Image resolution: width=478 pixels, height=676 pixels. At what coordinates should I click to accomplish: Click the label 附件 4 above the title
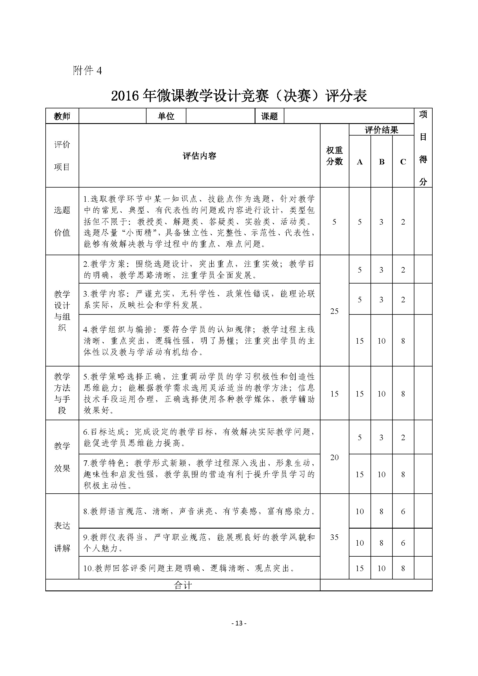click(x=87, y=71)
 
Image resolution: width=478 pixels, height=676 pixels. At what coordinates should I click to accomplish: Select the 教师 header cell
click(x=62, y=116)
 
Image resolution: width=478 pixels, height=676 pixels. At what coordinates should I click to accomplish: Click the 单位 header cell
click(x=166, y=116)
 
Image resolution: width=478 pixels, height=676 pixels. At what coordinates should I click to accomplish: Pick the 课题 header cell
click(x=269, y=116)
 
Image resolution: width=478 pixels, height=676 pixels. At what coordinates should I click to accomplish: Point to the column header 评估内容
click(x=199, y=156)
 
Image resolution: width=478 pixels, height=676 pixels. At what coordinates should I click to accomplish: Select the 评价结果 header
click(x=381, y=130)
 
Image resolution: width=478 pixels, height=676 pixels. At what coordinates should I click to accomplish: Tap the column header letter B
click(x=381, y=162)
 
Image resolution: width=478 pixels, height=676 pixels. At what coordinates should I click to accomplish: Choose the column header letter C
click(x=403, y=162)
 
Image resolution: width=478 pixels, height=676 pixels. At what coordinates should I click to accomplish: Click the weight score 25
click(x=334, y=311)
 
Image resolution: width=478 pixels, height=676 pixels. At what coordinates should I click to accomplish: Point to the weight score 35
click(x=334, y=537)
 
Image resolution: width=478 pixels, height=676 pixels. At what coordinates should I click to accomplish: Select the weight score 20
click(x=334, y=457)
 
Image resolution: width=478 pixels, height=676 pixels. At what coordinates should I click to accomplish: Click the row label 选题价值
click(x=62, y=221)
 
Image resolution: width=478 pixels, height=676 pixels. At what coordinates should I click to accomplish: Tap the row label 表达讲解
click(x=62, y=537)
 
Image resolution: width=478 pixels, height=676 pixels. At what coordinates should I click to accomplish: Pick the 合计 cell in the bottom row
click(x=183, y=585)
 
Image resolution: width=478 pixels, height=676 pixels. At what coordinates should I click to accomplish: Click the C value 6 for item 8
click(x=403, y=512)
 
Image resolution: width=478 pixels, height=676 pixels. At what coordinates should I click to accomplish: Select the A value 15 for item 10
click(x=360, y=568)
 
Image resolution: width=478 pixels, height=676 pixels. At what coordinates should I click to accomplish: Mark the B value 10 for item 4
click(x=381, y=341)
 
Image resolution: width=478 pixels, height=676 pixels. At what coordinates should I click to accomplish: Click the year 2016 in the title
click(x=125, y=96)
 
